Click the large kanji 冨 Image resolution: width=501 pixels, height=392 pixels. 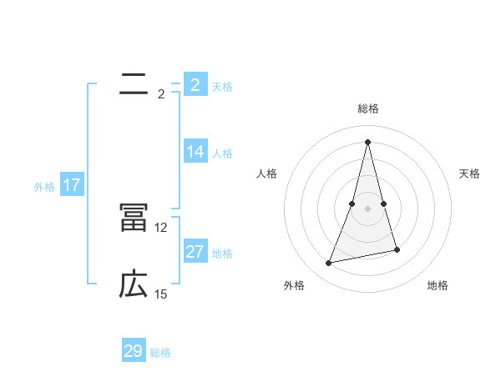[134, 218]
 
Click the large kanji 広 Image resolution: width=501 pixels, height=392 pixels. [134, 284]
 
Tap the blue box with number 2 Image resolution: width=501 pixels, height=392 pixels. [195, 85]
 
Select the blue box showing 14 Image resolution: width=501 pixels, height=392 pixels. [195, 152]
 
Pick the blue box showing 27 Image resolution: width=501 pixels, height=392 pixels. [195, 252]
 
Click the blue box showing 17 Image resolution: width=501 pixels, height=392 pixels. [72, 185]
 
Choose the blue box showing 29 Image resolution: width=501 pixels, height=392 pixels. [134, 351]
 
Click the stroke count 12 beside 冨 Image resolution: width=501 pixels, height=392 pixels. [161, 228]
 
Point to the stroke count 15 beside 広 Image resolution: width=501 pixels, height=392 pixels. [161, 294]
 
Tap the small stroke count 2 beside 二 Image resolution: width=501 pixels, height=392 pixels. [161, 94]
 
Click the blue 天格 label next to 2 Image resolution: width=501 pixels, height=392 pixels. [222, 87]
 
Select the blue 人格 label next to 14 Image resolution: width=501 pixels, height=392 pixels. [222, 153]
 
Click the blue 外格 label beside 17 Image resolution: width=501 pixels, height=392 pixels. [44, 187]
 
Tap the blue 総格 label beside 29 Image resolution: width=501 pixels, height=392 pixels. [160, 353]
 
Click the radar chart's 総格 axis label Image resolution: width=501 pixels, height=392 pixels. [368, 108]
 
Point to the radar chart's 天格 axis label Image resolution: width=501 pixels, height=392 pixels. [470, 173]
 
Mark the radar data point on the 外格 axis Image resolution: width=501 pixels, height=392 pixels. [329, 264]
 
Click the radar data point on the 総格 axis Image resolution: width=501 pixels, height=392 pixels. [368, 141]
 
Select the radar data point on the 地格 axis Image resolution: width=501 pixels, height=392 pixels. [397, 250]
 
